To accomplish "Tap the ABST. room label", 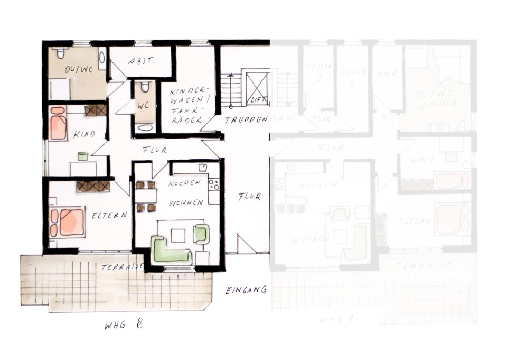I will [141, 61].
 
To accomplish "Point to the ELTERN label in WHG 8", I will [110, 215].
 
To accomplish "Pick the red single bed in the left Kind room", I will [58, 123].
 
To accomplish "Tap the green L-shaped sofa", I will [170, 250].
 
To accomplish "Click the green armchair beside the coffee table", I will [201, 233].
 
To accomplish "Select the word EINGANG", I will [245, 290].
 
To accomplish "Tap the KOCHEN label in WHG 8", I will [184, 183].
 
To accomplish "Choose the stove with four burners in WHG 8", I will [214, 184].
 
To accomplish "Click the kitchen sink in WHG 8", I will [202, 168].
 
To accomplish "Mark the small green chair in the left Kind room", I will [82, 156].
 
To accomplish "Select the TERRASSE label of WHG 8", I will [122, 267].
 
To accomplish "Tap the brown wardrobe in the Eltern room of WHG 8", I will [93, 186].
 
